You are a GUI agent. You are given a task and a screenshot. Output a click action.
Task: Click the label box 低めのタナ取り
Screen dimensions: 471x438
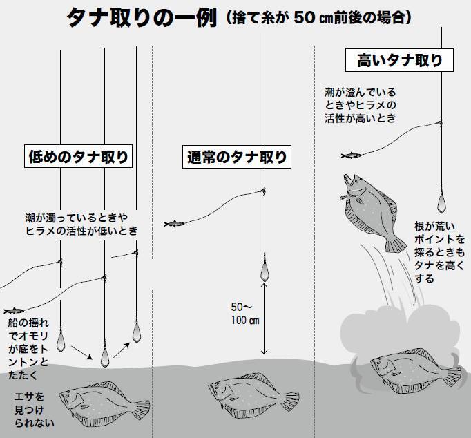click(78, 157)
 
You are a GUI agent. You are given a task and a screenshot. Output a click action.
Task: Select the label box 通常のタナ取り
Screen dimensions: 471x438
click(237, 157)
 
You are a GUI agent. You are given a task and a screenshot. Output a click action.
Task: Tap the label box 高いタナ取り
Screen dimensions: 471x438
click(399, 60)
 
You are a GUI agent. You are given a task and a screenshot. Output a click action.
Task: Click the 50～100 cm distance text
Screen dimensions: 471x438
click(244, 314)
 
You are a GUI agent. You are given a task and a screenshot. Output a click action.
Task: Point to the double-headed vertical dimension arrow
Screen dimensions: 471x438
click(264, 318)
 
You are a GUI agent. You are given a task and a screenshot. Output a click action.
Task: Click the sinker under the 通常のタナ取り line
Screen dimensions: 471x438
click(265, 271)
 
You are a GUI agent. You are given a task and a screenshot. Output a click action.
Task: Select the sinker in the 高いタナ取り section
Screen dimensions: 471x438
click(441, 203)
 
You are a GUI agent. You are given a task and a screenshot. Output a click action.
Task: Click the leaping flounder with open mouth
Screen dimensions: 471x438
click(372, 212)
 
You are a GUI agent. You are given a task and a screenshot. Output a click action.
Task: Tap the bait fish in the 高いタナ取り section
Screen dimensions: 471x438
click(351, 155)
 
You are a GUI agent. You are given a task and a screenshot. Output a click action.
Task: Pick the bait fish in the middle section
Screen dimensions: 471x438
click(174, 224)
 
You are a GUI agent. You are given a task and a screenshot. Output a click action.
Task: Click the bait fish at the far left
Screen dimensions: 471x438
click(14, 310)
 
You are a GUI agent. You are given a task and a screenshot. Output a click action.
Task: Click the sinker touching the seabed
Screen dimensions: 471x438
click(104, 357)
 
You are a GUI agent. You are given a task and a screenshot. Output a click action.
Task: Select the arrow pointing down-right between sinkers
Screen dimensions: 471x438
click(81, 352)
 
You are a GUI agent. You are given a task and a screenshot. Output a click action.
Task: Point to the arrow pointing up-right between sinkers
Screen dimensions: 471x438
click(122, 350)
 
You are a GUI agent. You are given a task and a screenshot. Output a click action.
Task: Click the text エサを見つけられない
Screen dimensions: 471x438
click(34, 410)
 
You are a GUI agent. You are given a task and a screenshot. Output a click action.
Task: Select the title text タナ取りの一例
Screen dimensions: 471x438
click(142, 17)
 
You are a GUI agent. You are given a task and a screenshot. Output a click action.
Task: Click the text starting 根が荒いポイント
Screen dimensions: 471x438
click(440, 252)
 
